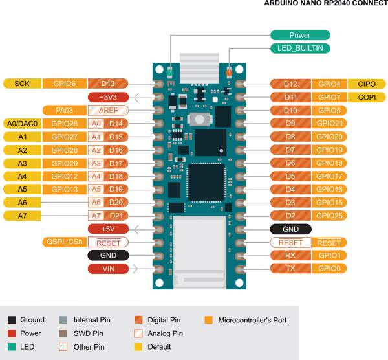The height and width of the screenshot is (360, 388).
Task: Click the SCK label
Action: pos(22,84)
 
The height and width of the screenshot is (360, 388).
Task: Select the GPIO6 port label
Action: pos(63,84)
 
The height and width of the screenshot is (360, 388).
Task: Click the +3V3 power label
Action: pos(107,97)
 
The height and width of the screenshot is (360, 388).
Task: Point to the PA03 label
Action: pos(63,110)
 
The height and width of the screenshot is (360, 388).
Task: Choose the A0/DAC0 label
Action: pos(22,124)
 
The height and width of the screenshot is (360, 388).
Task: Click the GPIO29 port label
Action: pos(63,163)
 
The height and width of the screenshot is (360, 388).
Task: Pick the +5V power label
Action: pos(107,229)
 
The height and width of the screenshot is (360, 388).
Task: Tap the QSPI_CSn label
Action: pos(63,242)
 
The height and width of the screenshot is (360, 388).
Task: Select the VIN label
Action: pos(107,269)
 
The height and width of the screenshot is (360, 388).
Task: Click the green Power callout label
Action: pos(300,36)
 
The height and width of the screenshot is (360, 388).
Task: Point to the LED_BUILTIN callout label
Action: pos(300,48)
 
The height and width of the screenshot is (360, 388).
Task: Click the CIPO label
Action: pos(366,84)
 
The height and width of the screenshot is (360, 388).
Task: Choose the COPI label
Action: pos(366,97)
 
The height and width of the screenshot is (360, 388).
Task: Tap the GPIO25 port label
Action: pos(329,216)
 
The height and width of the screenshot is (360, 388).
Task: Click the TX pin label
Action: pos(290,269)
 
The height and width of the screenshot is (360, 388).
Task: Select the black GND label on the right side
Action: pos(290,229)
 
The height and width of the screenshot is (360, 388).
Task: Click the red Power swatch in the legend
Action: pos(12,333)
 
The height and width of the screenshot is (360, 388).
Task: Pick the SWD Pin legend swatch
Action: pos(63,333)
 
